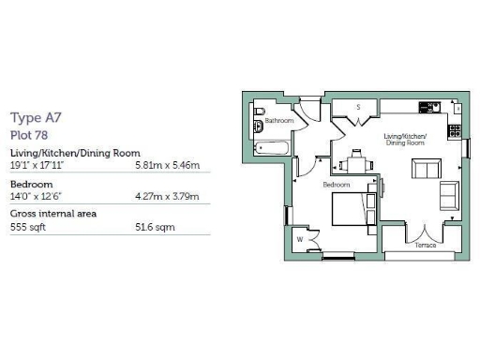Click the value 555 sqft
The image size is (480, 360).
tap(26, 227)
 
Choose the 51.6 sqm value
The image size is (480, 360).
tap(156, 227)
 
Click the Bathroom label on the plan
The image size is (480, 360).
tap(279, 121)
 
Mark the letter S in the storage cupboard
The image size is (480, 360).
tap(358, 107)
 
